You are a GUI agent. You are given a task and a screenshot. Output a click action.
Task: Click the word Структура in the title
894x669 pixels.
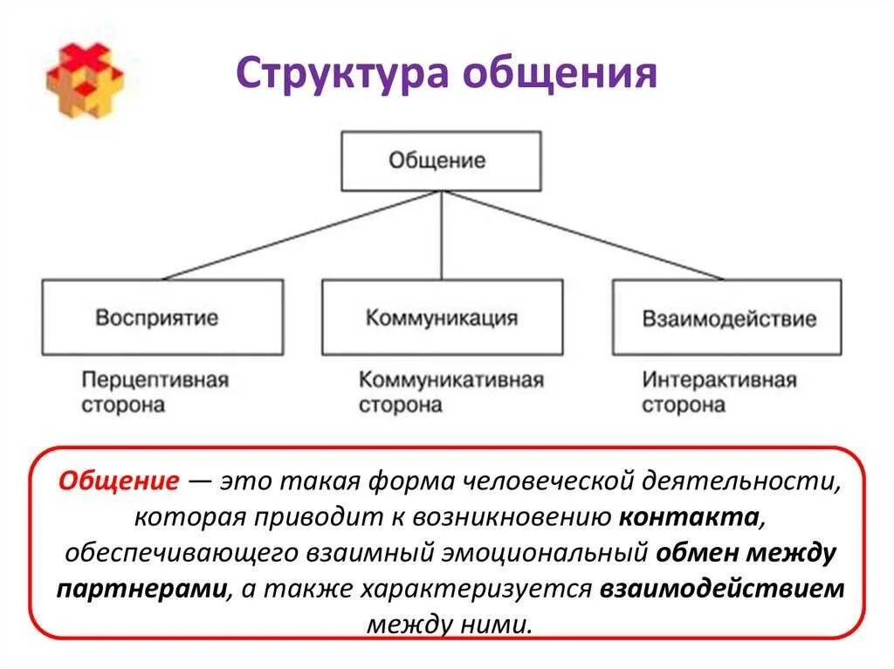[341, 74]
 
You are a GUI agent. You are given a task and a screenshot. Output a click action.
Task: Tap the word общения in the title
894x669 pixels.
[559, 74]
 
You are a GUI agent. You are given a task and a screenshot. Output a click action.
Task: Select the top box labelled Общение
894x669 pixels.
[441, 161]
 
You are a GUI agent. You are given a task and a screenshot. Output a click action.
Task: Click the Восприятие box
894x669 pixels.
[162, 317]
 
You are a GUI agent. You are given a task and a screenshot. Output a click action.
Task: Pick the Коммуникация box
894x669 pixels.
[442, 317]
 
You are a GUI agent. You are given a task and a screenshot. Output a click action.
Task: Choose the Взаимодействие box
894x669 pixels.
[727, 317]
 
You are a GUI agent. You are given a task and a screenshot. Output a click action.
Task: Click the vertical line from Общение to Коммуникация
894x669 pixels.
[442, 236]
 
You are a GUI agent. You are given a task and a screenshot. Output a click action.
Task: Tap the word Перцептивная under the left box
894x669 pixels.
[155, 381]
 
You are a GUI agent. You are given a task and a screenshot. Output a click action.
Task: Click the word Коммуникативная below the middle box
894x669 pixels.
[450, 381]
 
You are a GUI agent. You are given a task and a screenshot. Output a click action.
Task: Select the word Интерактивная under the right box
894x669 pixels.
[719, 381]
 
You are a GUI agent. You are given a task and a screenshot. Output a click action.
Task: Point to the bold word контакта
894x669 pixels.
[688, 517]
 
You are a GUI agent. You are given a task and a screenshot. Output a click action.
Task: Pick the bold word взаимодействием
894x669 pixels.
[722, 588]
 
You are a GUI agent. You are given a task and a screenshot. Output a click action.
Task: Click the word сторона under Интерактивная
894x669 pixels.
[683, 406]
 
